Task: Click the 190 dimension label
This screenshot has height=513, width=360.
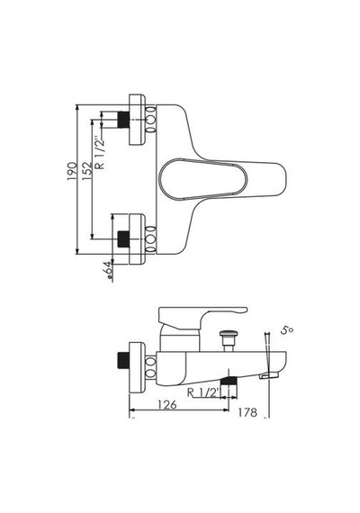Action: pyautogui.click(x=72, y=171)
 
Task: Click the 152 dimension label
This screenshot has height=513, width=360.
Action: pyautogui.click(x=87, y=171)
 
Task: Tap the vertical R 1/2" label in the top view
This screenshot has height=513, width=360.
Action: pyautogui.click(x=100, y=153)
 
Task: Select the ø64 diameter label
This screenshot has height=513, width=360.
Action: pyautogui.click(x=110, y=271)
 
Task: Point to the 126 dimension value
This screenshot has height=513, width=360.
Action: pyautogui.click(x=166, y=405)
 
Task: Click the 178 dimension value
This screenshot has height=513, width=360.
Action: pyautogui.click(x=247, y=412)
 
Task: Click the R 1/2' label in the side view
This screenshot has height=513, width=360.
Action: pyautogui.click(x=202, y=392)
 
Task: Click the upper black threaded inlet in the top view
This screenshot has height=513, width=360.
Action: pyautogui.click(x=123, y=120)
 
